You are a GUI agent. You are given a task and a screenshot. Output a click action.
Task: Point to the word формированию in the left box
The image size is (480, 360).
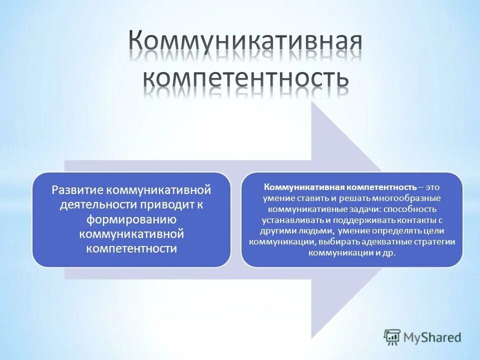pyautogui.click(x=131, y=219)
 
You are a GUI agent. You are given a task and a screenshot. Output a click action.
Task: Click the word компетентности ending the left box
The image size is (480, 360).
pyautogui.click(x=131, y=248)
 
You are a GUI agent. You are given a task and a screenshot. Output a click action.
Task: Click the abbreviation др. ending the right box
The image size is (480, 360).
pyautogui.click(x=389, y=253)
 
